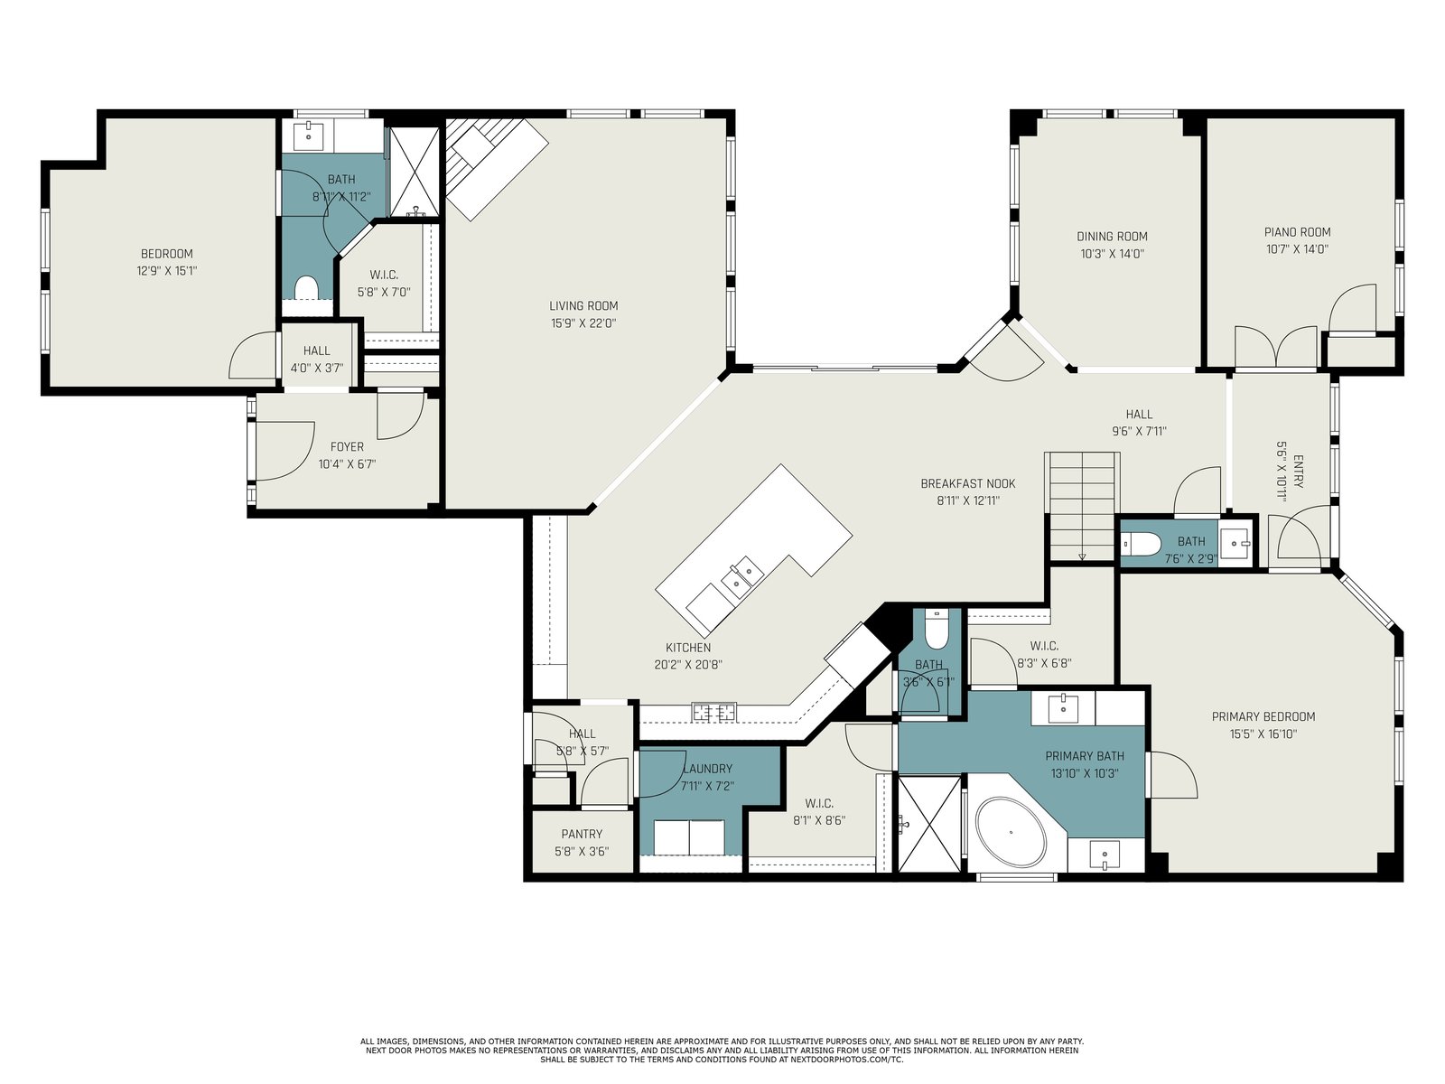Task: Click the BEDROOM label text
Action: (x=166, y=254)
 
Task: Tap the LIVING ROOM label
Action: (x=583, y=305)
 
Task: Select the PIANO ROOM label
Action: (x=1297, y=231)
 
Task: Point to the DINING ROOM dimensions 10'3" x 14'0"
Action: (x=1112, y=254)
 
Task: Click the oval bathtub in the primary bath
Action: (x=1009, y=832)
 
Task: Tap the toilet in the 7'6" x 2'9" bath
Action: (x=1140, y=544)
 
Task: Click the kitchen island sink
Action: (x=742, y=575)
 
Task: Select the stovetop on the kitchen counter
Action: (x=713, y=712)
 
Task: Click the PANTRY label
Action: (x=582, y=834)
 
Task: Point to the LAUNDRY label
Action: (x=708, y=768)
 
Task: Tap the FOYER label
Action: (x=347, y=447)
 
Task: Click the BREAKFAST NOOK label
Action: (x=968, y=483)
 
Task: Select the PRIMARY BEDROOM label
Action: (x=1263, y=716)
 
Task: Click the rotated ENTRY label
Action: (x=1298, y=472)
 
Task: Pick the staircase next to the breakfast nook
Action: (x=1082, y=506)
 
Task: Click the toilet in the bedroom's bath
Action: (x=306, y=288)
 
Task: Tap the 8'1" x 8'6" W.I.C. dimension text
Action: (x=819, y=820)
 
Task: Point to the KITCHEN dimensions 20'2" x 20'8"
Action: (x=688, y=665)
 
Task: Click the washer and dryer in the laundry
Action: (x=688, y=836)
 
